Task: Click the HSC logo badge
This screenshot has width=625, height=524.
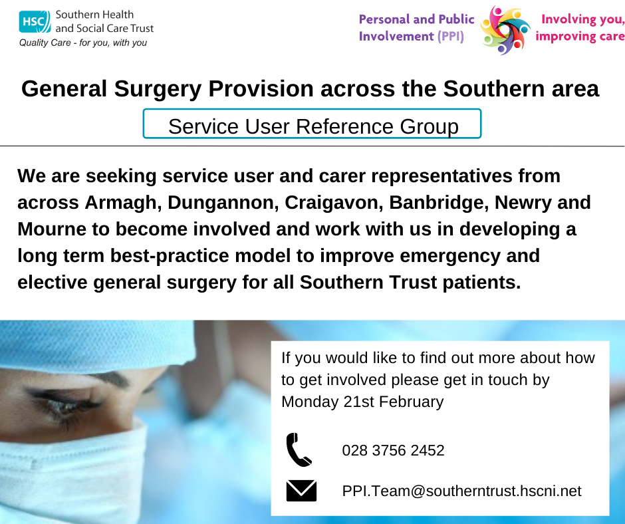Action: (34, 22)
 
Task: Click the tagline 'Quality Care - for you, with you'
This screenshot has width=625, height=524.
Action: (83, 43)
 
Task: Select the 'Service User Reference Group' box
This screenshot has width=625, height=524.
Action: (312, 125)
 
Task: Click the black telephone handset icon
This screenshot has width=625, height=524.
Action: (299, 450)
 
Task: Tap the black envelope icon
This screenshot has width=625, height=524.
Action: (301, 491)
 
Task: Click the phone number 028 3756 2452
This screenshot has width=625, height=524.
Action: (393, 450)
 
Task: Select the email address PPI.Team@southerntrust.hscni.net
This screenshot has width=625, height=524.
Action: (461, 491)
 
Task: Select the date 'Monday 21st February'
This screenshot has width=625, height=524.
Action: (362, 402)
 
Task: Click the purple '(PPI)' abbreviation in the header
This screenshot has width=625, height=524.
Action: (450, 37)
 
